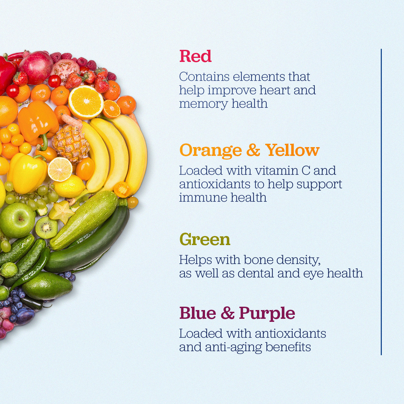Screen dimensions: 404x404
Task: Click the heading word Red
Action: coord(195,56)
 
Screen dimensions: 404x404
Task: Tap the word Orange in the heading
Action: coord(210,150)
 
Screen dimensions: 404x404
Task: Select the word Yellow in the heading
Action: coord(292,150)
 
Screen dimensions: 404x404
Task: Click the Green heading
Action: coord(205,239)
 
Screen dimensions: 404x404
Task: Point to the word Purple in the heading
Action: coord(267,313)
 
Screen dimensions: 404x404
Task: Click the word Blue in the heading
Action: coord(198,313)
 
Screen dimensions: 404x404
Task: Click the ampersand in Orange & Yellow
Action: coord(253,150)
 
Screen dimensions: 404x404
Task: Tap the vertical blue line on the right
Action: coord(381,202)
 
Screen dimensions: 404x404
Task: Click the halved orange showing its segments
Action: coord(86,101)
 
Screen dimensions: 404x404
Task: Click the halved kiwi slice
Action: coord(46,228)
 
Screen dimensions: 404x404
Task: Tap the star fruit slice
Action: coord(62,212)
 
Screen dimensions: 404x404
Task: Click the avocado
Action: coord(47,286)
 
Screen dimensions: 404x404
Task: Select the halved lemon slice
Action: coord(60,169)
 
